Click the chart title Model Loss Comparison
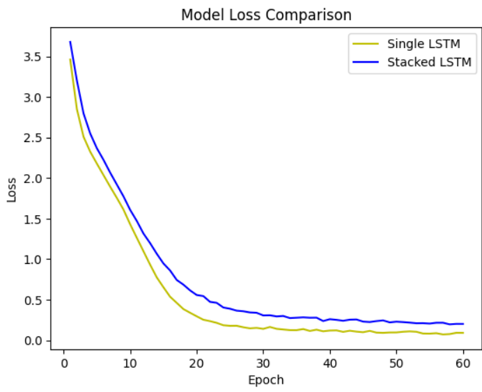point(266,15)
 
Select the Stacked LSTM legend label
point(429,62)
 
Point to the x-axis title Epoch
point(266,380)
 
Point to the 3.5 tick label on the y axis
point(32,56)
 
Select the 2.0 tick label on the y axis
point(32,178)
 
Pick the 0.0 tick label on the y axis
point(32,340)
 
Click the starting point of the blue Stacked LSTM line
point(70,42)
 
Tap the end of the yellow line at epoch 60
point(463,333)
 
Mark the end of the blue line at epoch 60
point(463,324)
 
